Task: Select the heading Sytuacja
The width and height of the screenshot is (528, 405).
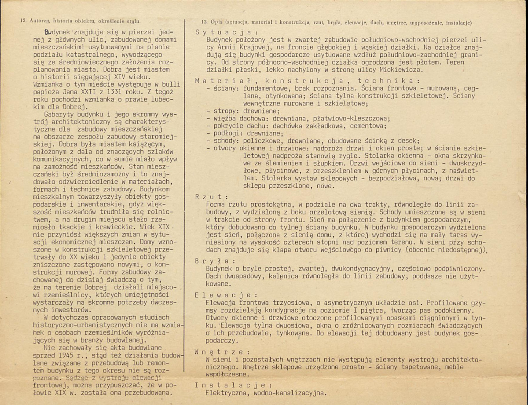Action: (x=223, y=33)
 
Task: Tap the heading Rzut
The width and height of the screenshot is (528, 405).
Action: (x=212, y=197)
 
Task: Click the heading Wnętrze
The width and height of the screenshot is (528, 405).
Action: (x=220, y=352)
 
